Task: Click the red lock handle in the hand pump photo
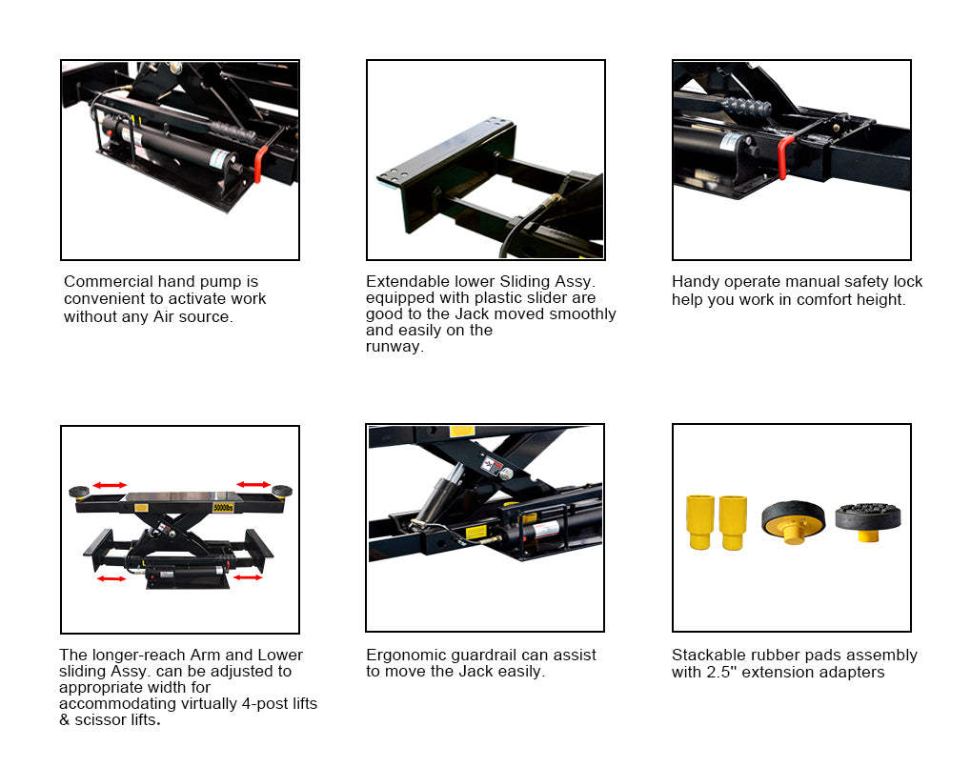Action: pos(260,164)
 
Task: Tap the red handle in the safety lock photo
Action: pos(784,157)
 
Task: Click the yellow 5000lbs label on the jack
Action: pos(223,508)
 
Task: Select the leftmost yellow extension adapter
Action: pos(700,522)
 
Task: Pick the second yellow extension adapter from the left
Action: pos(733,522)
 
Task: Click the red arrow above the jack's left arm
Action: pos(111,485)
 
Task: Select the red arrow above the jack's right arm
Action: pos(253,484)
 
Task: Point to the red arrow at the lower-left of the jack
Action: pos(111,578)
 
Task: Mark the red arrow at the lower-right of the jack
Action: pos(248,577)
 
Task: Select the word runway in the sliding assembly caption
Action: pos(393,347)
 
